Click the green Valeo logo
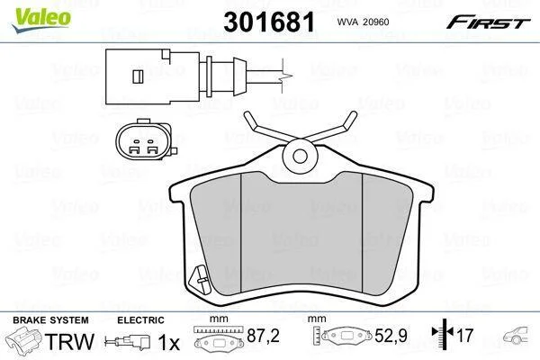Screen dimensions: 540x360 tap(41, 20)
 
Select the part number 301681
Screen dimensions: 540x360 tap(269, 22)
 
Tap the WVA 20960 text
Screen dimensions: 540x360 tap(363, 22)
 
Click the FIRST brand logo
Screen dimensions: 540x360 tap(488, 22)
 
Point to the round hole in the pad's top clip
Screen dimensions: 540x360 tap(300, 156)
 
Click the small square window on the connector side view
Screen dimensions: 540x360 tap(138, 76)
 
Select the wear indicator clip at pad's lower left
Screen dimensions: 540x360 tap(200, 278)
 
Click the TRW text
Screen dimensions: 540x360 tap(69, 341)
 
